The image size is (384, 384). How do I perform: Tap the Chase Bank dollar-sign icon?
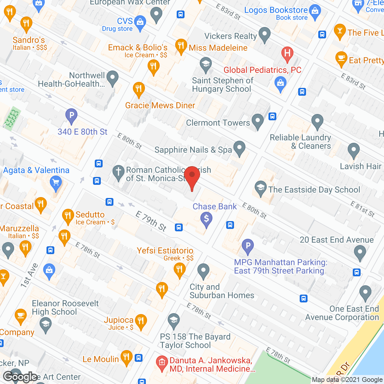(206, 219)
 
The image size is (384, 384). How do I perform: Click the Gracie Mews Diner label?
(160, 105)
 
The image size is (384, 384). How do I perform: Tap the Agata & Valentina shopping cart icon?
(56, 182)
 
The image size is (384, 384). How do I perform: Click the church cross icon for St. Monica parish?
(118, 172)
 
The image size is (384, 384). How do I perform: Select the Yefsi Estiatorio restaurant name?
(165, 250)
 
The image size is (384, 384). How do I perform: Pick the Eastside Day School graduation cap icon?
(260, 188)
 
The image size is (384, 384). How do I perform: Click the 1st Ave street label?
(29, 275)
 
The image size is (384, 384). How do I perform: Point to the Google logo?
(20, 377)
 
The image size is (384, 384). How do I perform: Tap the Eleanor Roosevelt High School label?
(65, 307)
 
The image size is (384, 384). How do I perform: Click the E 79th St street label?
(151, 221)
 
